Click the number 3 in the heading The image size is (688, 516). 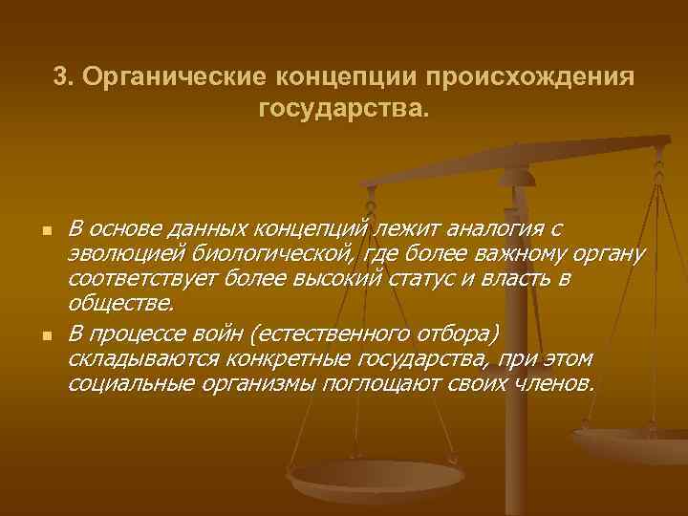tap(60, 76)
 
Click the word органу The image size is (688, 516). tap(607, 255)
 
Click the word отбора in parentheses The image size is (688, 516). tap(453, 333)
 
